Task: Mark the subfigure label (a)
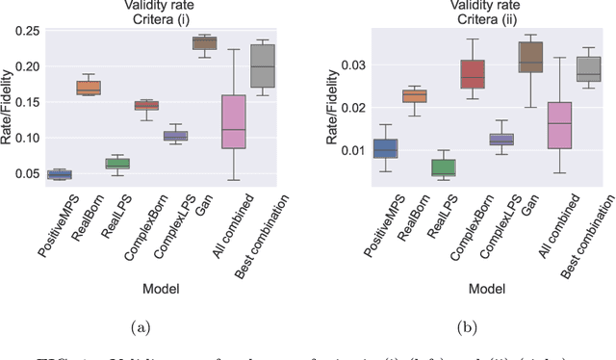141,328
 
